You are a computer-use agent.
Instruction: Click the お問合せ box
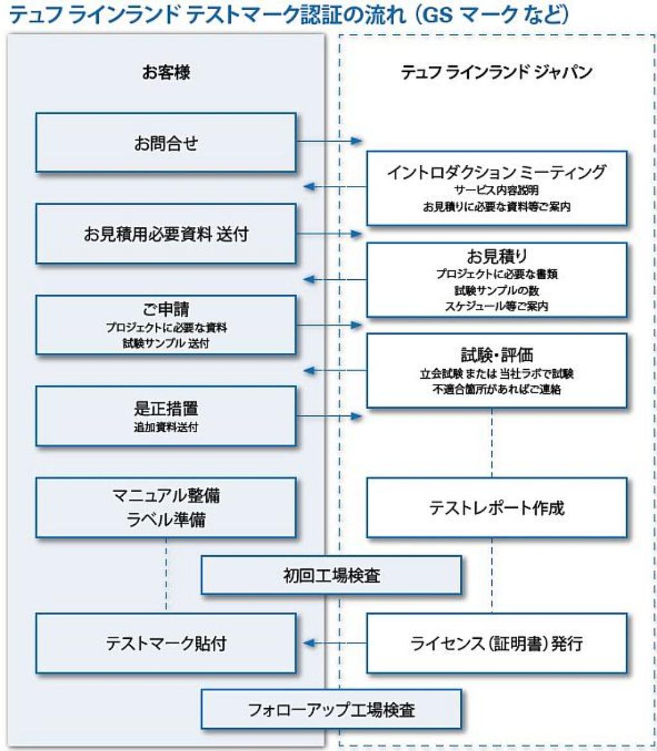(x=166, y=143)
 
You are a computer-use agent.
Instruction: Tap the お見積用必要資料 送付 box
(x=166, y=234)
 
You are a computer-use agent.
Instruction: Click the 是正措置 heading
(x=166, y=408)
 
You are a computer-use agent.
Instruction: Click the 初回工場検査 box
(x=332, y=575)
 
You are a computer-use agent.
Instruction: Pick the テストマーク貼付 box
(x=166, y=643)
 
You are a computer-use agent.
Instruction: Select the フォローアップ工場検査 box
(x=332, y=710)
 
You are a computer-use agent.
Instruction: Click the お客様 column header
(x=166, y=73)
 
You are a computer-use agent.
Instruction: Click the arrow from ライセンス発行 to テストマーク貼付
(x=331, y=643)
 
